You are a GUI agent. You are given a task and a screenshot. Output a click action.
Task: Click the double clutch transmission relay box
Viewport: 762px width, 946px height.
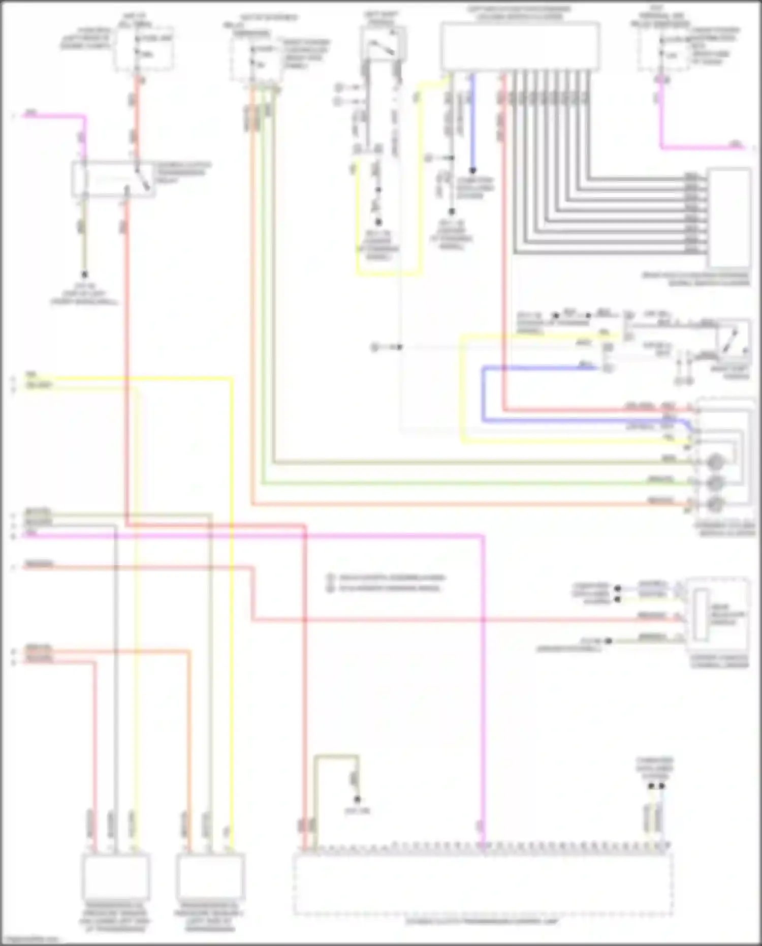pyautogui.click(x=113, y=179)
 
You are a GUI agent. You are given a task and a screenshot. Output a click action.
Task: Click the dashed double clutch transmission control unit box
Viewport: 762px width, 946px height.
pyautogui.click(x=483, y=884)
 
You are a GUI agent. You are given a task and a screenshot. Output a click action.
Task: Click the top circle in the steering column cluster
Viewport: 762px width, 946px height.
pyautogui.click(x=715, y=463)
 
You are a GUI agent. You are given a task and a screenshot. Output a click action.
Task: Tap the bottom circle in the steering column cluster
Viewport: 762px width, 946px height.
pyautogui.click(x=715, y=503)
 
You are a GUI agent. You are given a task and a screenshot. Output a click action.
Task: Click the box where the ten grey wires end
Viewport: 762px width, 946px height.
pyautogui.click(x=729, y=218)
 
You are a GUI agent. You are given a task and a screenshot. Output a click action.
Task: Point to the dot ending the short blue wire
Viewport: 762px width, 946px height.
pyautogui.click(x=472, y=170)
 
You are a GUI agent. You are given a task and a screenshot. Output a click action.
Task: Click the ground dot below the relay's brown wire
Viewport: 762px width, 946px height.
pyautogui.click(x=84, y=274)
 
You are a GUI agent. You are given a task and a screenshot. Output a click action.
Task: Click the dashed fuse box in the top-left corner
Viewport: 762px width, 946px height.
pyautogui.click(x=143, y=48)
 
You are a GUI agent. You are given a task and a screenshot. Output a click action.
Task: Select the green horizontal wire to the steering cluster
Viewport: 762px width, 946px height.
pyautogui.click(x=457, y=483)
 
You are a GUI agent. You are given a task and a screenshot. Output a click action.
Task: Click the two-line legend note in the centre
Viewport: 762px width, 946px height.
pyautogui.click(x=386, y=583)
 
